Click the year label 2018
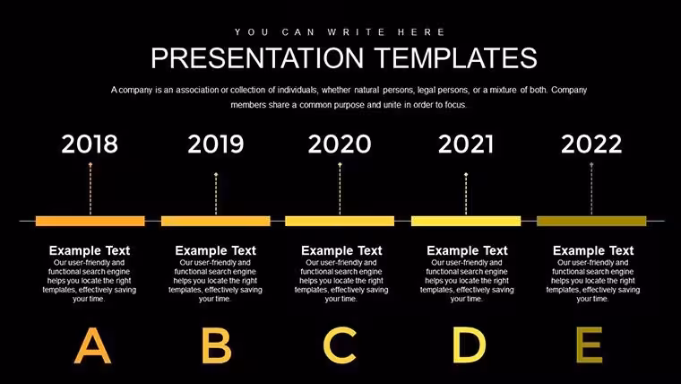pyautogui.click(x=90, y=144)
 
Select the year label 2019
pyautogui.click(x=216, y=144)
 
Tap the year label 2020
pyautogui.click(x=340, y=144)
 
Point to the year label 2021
pyautogui.click(x=466, y=144)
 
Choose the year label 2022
pyautogui.click(x=591, y=144)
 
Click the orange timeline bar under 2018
pyautogui.click(x=91, y=221)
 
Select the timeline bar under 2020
pyautogui.click(x=340, y=221)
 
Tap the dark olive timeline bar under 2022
pyautogui.click(x=591, y=221)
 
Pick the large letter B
pyautogui.click(x=216, y=345)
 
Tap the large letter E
pyautogui.click(x=590, y=345)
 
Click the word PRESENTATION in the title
pyautogui.click(x=257, y=58)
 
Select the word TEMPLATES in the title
pyautogui.click(x=455, y=58)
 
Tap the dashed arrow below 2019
pyautogui.click(x=216, y=194)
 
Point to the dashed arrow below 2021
pyautogui.click(x=466, y=194)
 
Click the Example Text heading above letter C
pyautogui.click(x=341, y=250)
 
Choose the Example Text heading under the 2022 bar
pyautogui.click(x=593, y=250)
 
